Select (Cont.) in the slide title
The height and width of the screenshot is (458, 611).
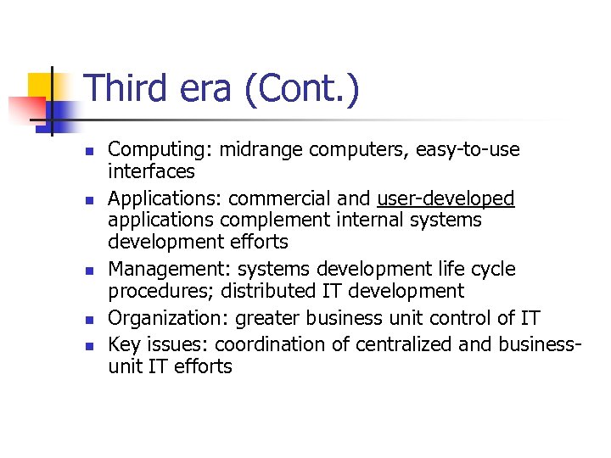point(301,89)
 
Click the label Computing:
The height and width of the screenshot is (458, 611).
point(160,150)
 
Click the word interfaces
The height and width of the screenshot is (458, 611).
point(152,171)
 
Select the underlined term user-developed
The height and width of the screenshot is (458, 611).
point(446,198)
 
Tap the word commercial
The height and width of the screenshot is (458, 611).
point(280,198)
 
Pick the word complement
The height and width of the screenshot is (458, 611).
point(271,221)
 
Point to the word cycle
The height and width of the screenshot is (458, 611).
point(491,269)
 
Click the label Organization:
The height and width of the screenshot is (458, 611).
point(168,318)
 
